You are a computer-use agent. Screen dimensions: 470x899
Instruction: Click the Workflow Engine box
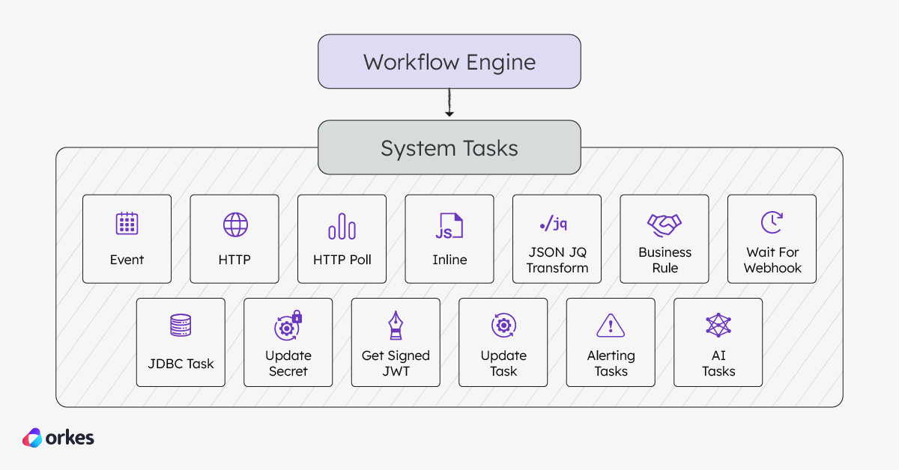tap(449, 61)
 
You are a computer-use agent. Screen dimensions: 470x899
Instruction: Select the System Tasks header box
tap(449, 147)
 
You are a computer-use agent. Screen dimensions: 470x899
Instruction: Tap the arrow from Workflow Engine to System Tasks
tap(449, 103)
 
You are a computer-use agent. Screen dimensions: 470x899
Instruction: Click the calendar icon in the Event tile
tap(127, 224)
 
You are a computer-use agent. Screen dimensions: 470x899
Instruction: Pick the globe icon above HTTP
tap(234, 225)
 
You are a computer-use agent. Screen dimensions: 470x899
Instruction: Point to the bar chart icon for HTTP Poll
tap(342, 225)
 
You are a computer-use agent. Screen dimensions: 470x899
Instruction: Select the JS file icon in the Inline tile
tap(449, 226)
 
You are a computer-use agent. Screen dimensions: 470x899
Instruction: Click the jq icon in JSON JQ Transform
tap(557, 223)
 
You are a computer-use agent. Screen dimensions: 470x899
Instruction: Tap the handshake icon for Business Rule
tap(665, 224)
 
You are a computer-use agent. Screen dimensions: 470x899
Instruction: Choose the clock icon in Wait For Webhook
tap(772, 222)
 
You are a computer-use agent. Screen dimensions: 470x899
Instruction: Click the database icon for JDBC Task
tap(181, 326)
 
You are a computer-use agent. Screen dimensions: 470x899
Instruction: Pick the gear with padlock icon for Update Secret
tap(288, 326)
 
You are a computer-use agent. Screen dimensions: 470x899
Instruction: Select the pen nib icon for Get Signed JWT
tap(396, 326)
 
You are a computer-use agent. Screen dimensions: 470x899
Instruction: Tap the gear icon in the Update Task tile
tap(503, 326)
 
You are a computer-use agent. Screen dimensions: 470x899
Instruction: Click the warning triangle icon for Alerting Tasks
tap(611, 326)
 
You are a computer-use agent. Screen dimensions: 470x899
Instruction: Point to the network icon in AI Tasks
tap(718, 326)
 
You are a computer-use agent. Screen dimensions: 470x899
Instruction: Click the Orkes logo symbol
tap(32, 438)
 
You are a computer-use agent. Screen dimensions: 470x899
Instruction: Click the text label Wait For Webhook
tap(772, 260)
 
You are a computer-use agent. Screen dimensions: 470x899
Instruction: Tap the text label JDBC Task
tap(181, 364)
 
